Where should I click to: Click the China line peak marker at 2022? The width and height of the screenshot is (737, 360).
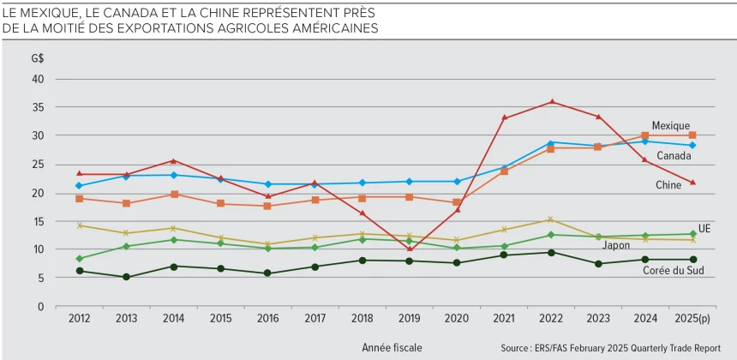(552, 102)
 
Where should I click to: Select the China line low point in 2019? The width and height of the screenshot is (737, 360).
(410, 249)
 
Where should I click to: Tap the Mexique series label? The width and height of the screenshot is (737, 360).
(670, 125)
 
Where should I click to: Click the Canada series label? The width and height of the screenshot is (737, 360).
(674, 155)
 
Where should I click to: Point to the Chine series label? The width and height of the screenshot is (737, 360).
(668, 185)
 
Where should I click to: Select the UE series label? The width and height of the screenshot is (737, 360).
(704, 229)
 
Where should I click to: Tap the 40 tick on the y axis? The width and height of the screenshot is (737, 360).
(38, 79)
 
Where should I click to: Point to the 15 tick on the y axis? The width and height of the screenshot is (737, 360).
(38, 221)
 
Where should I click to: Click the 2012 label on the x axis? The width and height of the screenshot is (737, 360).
(80, 319)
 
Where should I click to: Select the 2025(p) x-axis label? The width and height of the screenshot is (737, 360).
(692, 319)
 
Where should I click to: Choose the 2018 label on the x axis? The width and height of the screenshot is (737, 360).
(363, 319)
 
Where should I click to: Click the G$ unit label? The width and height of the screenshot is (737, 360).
(37, 58)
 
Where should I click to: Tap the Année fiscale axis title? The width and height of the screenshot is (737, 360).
(392, 347)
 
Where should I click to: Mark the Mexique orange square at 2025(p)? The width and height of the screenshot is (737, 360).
(692, 135)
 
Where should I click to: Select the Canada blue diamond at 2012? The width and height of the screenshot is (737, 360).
(80, 185)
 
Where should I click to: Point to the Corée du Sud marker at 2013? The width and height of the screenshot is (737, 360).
(127, 277)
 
